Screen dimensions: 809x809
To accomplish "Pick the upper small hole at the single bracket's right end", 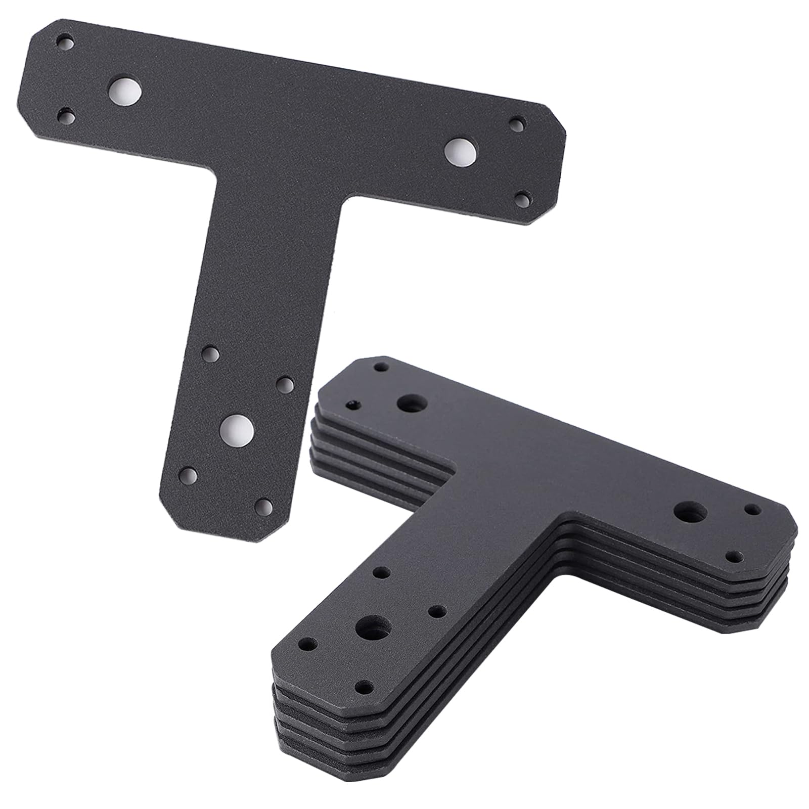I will pyautogui.click(x=517, y=123).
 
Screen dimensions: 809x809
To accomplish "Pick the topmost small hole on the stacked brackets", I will pyautogui.click(x=380, y=368).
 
